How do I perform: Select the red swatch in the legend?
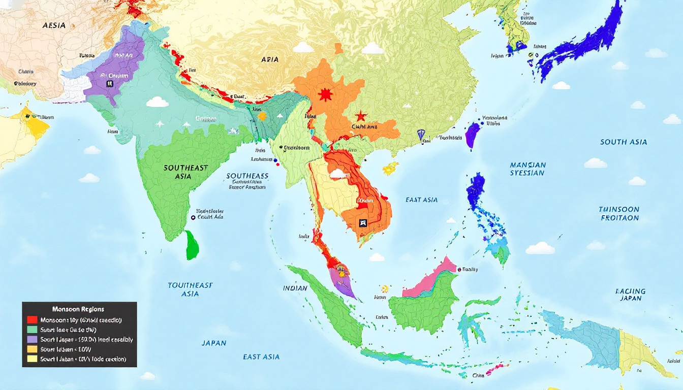click(32, 320)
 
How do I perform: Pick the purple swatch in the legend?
click(32, 339)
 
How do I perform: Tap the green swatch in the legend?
click(32, 330)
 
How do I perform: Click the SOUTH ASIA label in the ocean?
click(624, 142)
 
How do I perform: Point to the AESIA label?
click(54, 25)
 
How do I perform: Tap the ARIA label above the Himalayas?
click(269, 59)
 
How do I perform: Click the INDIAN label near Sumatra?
click(295, 288)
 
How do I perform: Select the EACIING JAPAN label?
click(630, 295)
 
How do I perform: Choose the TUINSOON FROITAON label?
click(618, 213)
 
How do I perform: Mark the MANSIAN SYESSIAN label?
click(527, 169)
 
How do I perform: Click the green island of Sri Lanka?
click(192, 244)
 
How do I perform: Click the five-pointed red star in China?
click(361, 116)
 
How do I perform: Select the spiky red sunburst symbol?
click(324, 94)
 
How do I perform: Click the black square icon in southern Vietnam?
click(362, 222)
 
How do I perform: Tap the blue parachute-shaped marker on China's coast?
click(420, 135)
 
